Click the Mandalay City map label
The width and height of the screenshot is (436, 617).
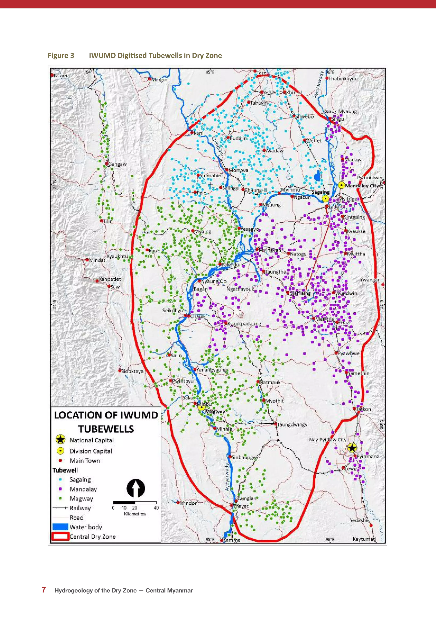[362, 186]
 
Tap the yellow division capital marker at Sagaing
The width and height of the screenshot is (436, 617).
[325, 199]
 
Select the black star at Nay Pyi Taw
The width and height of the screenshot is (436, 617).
[352, 448]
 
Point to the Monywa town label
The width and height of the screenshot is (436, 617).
[238, 170]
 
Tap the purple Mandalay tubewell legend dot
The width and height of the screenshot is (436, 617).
[60, 489]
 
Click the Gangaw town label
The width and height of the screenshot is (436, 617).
[117, 164]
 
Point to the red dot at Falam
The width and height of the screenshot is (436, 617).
[52, 75]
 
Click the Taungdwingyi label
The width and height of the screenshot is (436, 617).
[293, 425]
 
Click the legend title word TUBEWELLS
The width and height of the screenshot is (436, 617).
[106, 429]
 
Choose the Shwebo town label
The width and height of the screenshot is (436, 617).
[304, 117]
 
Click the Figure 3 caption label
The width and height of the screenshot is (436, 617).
[61, 55]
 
